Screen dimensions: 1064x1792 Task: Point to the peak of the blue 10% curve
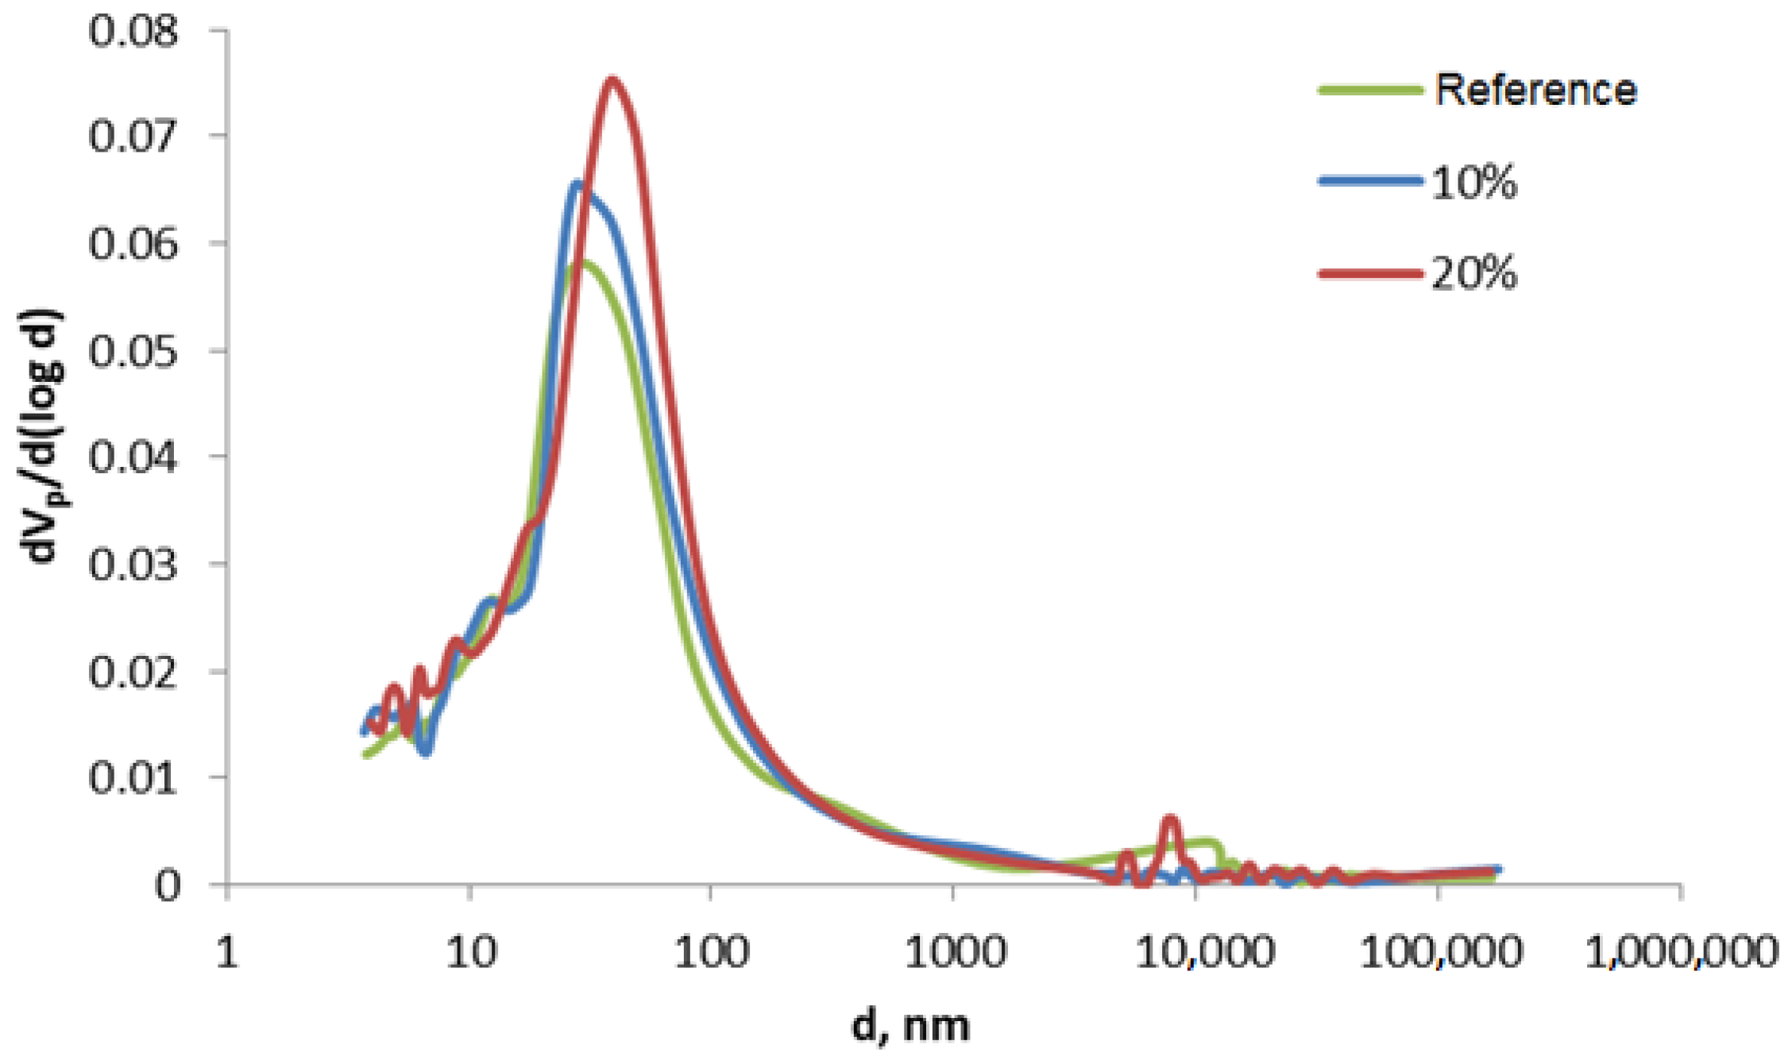pos(578,185)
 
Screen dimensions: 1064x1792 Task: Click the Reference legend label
pos(1535,90)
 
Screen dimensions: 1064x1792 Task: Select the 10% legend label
pos(1474,182)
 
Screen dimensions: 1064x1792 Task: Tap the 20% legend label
pos(1474,274)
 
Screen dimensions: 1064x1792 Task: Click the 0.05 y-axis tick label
pos(133,351)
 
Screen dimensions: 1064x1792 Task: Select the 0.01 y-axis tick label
pos(133,777)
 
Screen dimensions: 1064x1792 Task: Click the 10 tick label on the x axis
pos(471,952)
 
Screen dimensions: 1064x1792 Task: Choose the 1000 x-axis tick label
pos(956,952)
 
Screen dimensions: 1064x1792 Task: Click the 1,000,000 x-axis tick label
pos(1681,952)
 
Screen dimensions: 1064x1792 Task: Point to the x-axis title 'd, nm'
pos(910,1025)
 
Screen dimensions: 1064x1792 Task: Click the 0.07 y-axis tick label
pos(133,136)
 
